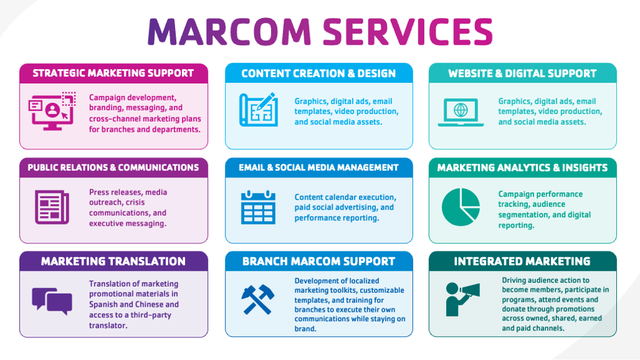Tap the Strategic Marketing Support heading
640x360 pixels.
click(x=114, y=73)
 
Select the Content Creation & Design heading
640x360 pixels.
click(x=319, y=73)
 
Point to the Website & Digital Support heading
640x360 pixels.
click(x=522, y=73)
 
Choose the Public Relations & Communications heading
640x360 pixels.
click(x=114, y=167)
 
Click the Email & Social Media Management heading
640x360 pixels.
click(x=319, y=167)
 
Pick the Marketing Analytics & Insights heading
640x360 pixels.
click(x=522, y=167)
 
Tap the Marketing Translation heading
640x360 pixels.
click(x=114, y=262)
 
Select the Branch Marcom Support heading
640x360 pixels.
click(x=319, y=262)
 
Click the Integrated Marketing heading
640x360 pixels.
click(x=522, y=262)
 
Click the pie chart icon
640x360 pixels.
click(x=461, y=207)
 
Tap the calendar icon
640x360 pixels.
click(x=258, y=207)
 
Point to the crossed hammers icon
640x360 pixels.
click(x=258, y=300)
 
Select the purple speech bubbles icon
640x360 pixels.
click(x=52, y=300)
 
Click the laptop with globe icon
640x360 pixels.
click(x=461, y=112)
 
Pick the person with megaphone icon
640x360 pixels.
click(x=462, y=299)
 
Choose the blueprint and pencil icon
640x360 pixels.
click(x=258, y=110)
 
